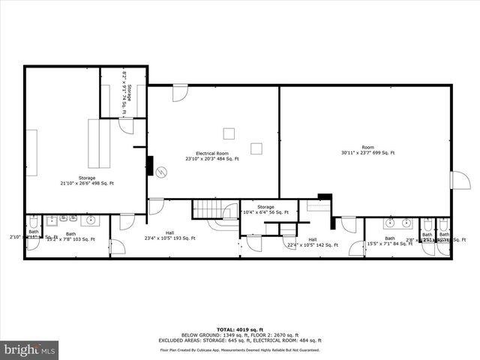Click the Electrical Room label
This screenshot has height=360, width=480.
[212, 153]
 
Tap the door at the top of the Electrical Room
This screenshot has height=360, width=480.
[180, 93]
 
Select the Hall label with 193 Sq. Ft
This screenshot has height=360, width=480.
[169, 235]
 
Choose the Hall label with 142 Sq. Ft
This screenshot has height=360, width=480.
[313, 242]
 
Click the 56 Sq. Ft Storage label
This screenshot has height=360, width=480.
[265, 210]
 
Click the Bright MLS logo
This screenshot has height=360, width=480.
[30, 349]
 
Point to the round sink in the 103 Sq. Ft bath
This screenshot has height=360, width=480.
[91, 220]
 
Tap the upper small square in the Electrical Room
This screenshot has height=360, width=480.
[229, 133]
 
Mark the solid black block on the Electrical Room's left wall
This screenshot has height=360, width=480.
[150, 165]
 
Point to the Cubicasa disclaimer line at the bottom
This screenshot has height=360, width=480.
[239, 349]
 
